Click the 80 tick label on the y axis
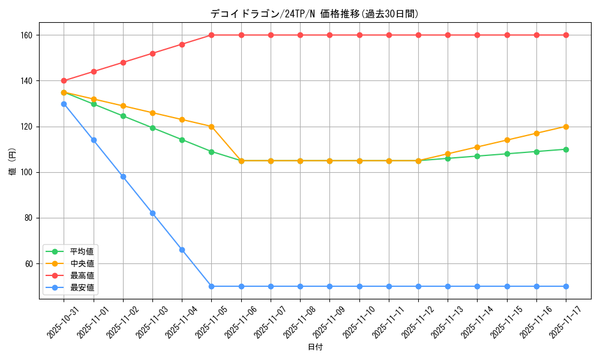(x=29, y=218)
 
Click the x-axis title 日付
(x=315, y=347)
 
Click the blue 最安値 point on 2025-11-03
(x=152, y=213)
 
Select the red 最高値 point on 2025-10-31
(x=64, y=81)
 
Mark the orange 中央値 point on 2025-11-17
(x=566, y=127)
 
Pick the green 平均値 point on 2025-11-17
(x=566, y=149)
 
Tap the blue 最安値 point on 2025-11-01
(x=94, y=140)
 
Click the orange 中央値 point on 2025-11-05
(x=211, y=127)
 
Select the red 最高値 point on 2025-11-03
(x=152, y=53)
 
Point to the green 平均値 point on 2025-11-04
(x=182, y=140)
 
